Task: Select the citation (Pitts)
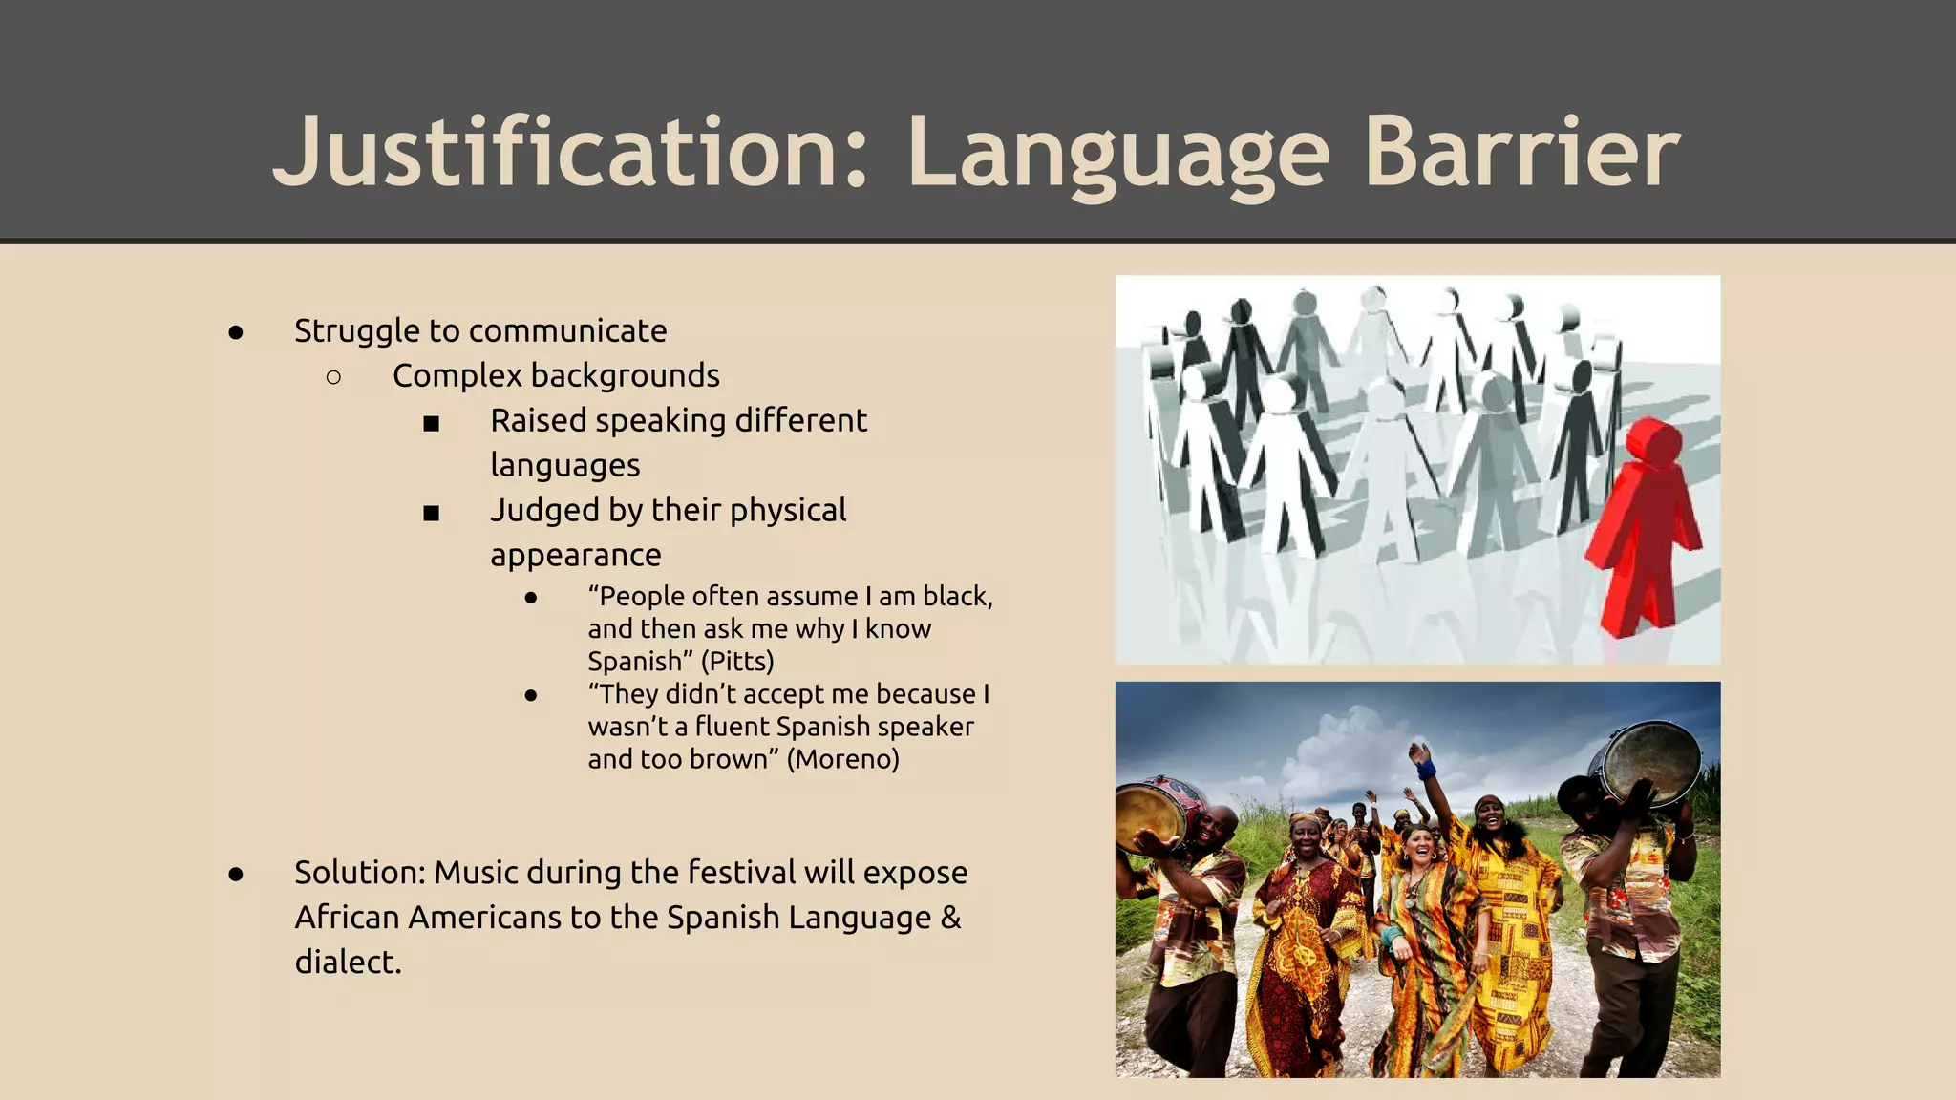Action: pyautogui.click(x=737, y=661)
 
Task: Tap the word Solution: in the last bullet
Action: pyautogui.click(x=359, y=873)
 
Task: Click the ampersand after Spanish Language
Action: pyautogui.click(x=950, y=918)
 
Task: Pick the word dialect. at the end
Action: pyautogui.click(x=348, y=962)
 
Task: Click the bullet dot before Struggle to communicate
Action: pyautogui.click(x=236, y=332)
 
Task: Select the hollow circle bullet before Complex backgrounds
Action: pyautogui.click(x=333, y=377)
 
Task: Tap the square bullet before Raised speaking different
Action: pyautogui.click(x=432, y=423)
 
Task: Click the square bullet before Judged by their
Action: pyautogui.click(x=432, y=513)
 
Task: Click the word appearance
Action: pyautogui.click(x=575, y=556)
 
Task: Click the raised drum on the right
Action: pyautogui.click(x=1650, y=760)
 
